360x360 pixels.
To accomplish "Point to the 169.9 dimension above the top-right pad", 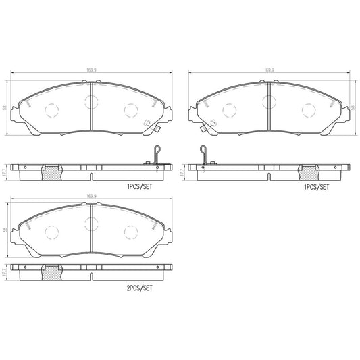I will click(x=269, y=69).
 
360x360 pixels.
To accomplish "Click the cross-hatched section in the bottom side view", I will click(x=52, y=273).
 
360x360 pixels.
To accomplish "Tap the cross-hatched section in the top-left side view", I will click(x=52, y=172).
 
